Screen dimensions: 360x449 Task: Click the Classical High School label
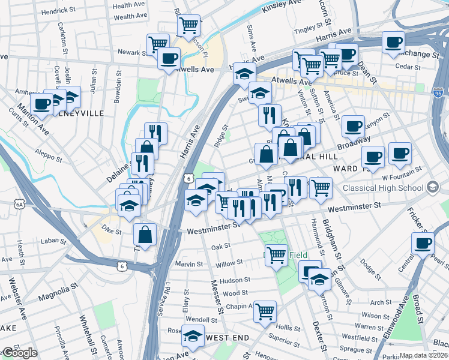[x=384, y=188]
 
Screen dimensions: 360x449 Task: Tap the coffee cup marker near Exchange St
[x=394, y=43]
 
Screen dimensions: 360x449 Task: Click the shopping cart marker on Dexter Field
[x=276, y=255]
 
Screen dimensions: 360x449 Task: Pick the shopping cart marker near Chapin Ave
[x=265, y=311]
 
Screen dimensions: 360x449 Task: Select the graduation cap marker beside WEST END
[x=193, y=335]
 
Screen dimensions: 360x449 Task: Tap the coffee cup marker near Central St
[x=423, y=244]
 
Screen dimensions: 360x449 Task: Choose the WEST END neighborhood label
[x=228, y=338]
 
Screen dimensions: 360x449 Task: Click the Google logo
[x=19, y=353]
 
